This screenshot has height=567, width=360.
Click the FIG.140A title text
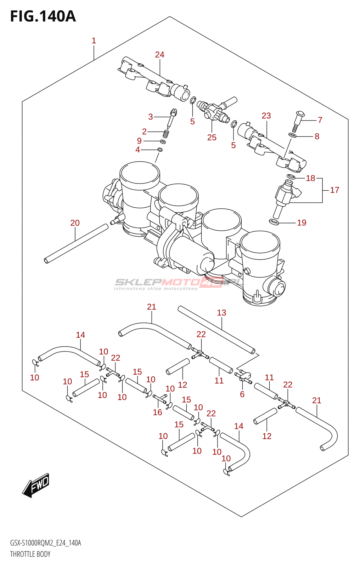pos(43,16)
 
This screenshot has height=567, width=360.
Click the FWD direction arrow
pos(36,485)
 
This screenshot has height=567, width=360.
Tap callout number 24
pos(159,55)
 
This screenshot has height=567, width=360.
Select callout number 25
pos(212,137)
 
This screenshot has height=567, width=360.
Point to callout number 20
pos(75,223)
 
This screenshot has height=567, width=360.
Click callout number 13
pos(221,313)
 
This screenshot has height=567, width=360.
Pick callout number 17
pos(334,190)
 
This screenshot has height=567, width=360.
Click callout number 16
pos(157,412)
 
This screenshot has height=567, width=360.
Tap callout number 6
pos(242,394)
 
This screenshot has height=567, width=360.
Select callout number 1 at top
pos(94,41)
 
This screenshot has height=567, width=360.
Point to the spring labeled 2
pos(165,134)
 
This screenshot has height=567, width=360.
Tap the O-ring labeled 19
pos(274,222)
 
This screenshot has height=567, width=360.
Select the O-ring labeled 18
pos(291,176)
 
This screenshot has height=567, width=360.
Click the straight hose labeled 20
pos(76,244)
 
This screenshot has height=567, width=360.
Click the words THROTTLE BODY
pos(30,554)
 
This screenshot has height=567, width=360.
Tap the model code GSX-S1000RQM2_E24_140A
pos(46,543)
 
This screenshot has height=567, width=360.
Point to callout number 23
pos(266,116)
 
